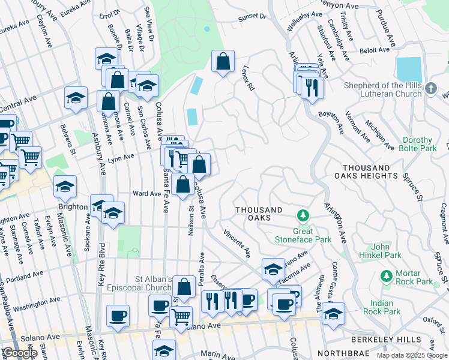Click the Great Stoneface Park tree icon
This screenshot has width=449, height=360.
pyautogui.click(x=304, y=215)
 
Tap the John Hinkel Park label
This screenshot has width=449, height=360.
pyautogui.click(x=385, y=251)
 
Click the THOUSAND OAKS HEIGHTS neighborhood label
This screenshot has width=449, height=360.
pyautogui.click(x=370, y=172)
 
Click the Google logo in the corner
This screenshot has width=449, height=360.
pyautogui.click(x=19, y=353)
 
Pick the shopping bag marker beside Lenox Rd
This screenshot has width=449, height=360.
pyautogui.click(x=223, y=61)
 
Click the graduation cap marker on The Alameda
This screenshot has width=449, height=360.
pyautogui.click(x=333, y=313)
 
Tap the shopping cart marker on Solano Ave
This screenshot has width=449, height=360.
pyautogui.click(x=181, y=316)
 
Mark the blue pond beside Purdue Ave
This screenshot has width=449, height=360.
pyautogui.click(x=409, y=69)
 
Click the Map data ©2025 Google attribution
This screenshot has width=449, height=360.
pyautogui.click(x=411, y=355)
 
